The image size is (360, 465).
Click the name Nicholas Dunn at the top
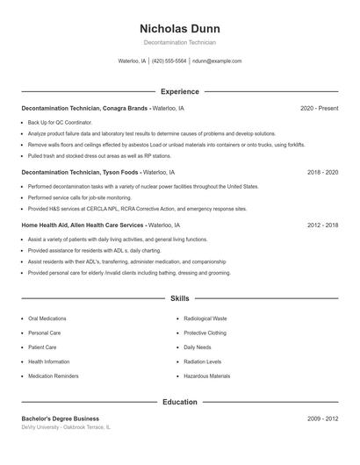click(x=179, y=28)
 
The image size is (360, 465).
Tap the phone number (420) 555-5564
click(x=169, y=61)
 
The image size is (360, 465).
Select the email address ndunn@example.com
click(x=217, y=61)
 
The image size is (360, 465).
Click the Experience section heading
click(x=179, y=91)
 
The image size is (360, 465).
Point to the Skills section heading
click(x=179, y=299)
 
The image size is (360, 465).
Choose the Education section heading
click(x=179, y=402)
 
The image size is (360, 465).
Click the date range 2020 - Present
click(x=319, y=108)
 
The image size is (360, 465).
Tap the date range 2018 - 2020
click(x=322, y=173)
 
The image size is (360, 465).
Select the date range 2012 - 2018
click(x=322, y=225)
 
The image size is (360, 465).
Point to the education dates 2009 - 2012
click(x=322, y=419)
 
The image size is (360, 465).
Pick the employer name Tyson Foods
click(x=120, y=173)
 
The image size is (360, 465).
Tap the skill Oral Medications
click(x=47, y=318)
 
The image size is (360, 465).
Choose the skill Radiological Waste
click(x=205, y=318)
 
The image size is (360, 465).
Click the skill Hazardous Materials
click(x=207, y=376)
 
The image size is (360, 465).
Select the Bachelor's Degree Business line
click(x=61, y=419)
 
